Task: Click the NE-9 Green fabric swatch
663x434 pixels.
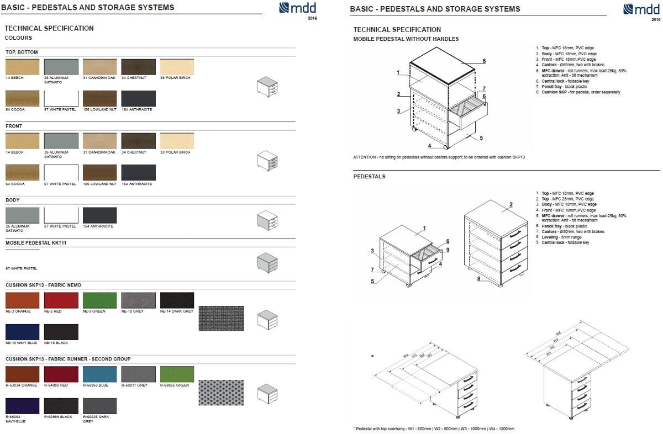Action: click(99, 300)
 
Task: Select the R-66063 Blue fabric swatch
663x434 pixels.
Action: click(99, 374)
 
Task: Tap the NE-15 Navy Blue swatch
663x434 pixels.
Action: click(22, 332)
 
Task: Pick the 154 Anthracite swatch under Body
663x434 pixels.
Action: click(99, 215)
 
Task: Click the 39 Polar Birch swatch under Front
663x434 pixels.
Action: click(177, 141)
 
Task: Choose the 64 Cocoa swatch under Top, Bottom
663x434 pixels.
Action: click(22, 98)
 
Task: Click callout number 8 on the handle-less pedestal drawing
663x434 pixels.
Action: click(483, 61)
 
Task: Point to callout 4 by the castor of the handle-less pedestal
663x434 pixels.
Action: click(429, 146)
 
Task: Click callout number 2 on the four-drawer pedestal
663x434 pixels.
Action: click(511, 205)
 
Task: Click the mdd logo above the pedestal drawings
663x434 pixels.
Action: click(641, 9)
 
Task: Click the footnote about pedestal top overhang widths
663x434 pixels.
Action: click(434, 428)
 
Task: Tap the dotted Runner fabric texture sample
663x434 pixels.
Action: click(221, 392)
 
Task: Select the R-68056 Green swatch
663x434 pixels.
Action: click(177, 374)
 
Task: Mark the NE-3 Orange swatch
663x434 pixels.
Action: click(22, 300)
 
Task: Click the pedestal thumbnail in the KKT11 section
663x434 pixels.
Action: click(267, 262)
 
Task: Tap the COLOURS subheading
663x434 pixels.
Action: click(18, 38)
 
